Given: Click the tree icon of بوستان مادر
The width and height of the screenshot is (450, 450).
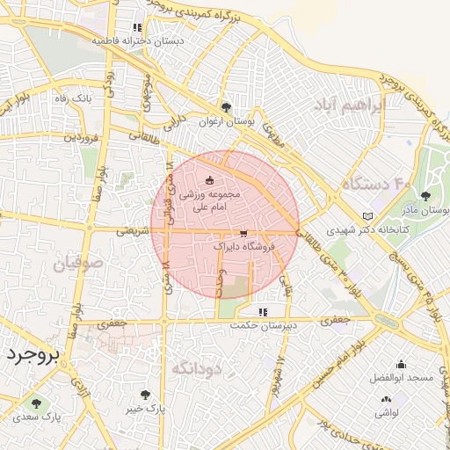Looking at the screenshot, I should (426, 196).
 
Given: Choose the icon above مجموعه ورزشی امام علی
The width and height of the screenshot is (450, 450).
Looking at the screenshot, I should (209, 179).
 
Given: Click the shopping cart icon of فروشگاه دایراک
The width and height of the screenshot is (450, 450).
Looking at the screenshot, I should (243, 234).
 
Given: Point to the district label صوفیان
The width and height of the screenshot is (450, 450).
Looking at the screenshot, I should (78, 263).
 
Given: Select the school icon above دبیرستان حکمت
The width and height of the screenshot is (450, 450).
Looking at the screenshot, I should (262, 312).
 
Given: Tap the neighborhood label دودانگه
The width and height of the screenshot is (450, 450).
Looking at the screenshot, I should (195, 368).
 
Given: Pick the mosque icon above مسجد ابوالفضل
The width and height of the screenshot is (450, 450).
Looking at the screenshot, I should (401, 365).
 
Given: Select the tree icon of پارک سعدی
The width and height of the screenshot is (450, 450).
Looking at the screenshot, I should (36, 403).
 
